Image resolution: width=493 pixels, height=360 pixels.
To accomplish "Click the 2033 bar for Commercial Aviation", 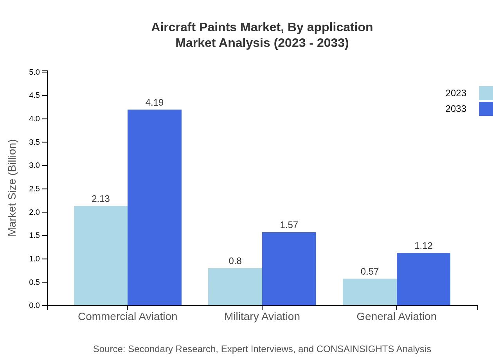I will point(155,207).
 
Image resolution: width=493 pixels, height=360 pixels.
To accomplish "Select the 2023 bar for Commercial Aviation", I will point(101,256).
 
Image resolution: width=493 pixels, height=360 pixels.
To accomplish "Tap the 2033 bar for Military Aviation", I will point(289,268).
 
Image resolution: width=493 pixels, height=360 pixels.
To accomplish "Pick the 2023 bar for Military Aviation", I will point(235,286).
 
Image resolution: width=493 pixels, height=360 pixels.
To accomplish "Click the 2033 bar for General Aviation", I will point(423,279).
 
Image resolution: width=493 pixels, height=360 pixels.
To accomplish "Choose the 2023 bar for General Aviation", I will point(370,292).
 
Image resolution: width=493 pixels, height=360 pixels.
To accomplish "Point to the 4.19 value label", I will point(155,103).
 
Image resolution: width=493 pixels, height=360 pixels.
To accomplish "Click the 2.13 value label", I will point(101,199).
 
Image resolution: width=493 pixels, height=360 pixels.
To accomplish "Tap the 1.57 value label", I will point(289,225).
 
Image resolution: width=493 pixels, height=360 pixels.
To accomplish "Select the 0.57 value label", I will point(370,272).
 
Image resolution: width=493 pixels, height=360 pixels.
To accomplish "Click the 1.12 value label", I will point(423,246).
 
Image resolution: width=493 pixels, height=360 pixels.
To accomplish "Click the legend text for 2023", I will point(456,93).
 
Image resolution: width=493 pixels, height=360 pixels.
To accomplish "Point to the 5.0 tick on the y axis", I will point(34,72).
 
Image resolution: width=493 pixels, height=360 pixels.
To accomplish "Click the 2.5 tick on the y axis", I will point(34,189).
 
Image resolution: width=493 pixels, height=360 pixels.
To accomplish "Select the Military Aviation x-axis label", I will point(262,316).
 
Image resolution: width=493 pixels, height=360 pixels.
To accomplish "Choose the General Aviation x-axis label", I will point(396,316).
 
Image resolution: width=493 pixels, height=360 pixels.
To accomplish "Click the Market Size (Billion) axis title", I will point(13,188).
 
